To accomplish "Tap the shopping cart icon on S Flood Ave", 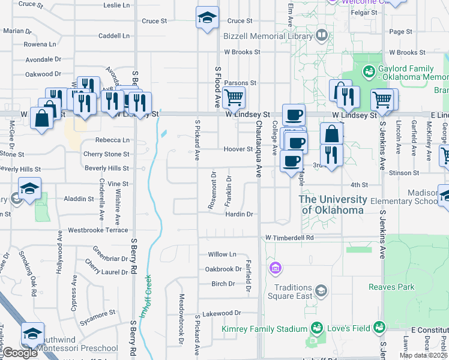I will [x=233, y=97].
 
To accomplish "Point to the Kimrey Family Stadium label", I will [x=264, y=328].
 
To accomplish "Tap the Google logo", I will [x=20, y=353].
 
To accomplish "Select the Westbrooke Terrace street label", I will [x=98, y=230].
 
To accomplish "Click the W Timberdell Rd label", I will [x=290, y=238].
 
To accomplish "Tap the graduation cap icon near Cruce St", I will [x=206, y=17].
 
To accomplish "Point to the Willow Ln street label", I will [x=222, y=254].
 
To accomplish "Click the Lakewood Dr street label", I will [x=221, y=313].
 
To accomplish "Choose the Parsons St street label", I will [x=240, y=83].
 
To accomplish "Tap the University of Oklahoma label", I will [x=333, y=205].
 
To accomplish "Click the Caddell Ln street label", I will [x=113, y=36].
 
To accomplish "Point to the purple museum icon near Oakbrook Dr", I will [x=275, y=266].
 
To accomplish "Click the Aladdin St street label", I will [x=68, y=199].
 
